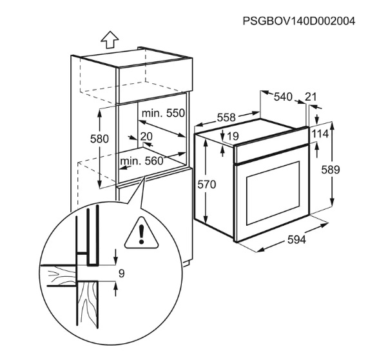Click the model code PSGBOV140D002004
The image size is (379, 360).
coord(299,21)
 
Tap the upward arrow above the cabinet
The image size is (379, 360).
coord(110,40)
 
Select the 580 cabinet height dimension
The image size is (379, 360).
coord(99,139)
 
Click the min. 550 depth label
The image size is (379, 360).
coord(163,113)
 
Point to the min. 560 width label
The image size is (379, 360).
coord(142,161)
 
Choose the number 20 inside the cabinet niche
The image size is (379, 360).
coord(146,137)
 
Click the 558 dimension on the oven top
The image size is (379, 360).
coord(226,117)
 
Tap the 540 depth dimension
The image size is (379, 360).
coord(283,97)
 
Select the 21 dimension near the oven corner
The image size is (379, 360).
coord(311,97)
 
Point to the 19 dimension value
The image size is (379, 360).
coord(233,136)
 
